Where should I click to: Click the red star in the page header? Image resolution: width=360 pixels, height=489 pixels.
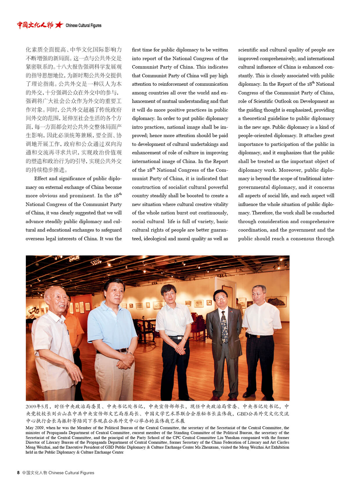coord(59,25)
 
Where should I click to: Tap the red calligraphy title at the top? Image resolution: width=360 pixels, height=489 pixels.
coord(35,25)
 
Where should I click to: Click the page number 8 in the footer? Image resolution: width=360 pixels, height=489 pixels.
coord(18,473)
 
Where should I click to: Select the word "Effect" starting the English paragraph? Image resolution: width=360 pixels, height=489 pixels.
coord(41,179)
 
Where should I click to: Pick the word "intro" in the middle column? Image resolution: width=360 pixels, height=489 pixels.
coord(137,127)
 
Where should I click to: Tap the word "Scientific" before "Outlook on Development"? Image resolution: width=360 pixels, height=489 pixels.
coord(264,101)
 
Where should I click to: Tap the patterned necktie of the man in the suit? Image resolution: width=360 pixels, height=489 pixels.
coord(224,327)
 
